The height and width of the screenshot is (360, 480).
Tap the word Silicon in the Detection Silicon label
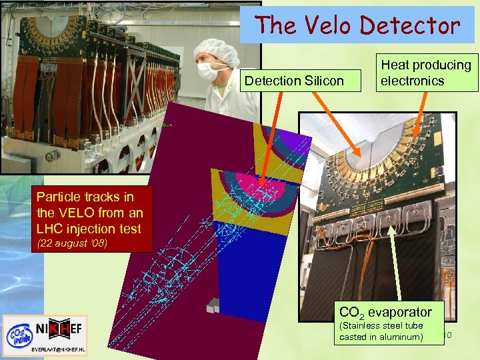pos(323,81)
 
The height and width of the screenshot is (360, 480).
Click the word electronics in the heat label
pos(412,81)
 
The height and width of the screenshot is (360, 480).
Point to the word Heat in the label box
pos(395,65)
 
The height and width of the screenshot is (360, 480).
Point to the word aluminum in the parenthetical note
pos(401,337)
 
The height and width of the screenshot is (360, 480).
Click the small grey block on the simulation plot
pos(212,307)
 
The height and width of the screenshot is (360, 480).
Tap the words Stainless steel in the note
pos(371,326)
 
